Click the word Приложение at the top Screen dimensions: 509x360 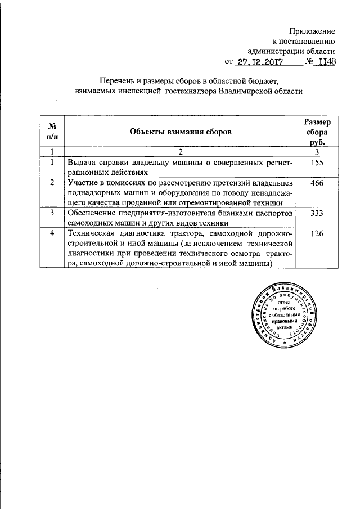[x=313, y=30]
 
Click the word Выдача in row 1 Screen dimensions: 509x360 [x=81, y=162]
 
